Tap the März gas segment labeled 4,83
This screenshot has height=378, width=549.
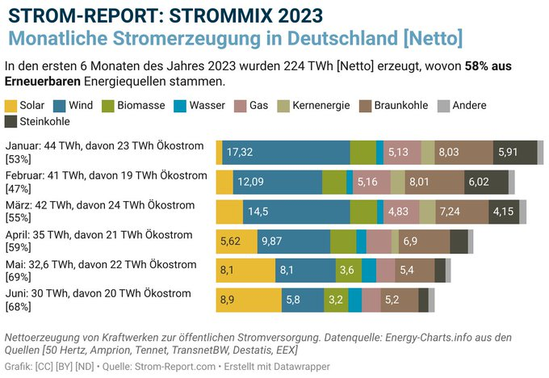tap(397, 212)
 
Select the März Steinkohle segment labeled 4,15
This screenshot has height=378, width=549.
tap(501, 212)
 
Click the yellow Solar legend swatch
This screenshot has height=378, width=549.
tap(11, 106)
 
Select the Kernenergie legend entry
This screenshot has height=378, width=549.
tap(310, 106)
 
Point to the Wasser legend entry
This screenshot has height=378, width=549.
tap(206, 106)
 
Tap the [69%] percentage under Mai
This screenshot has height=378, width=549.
tap(18, 277)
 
